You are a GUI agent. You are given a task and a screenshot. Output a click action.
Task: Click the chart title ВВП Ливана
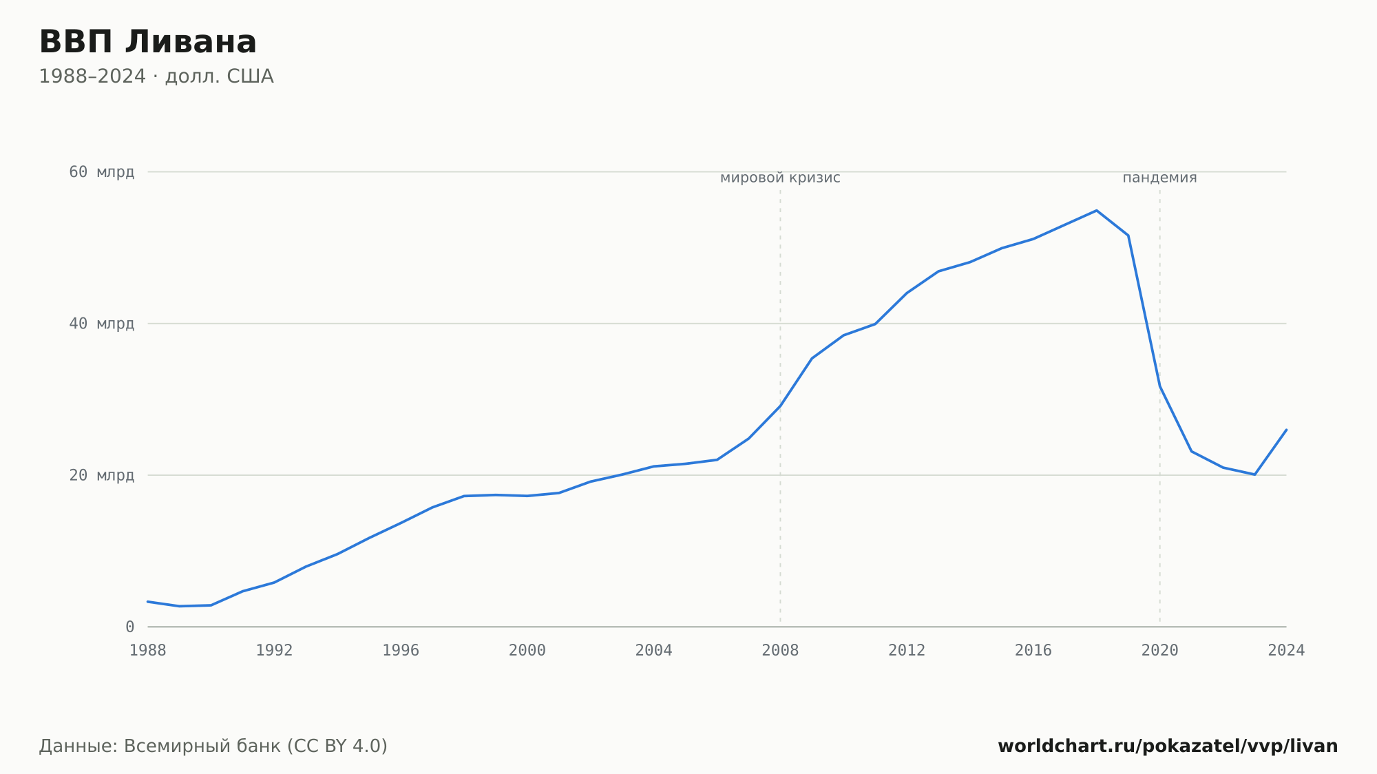tap(147, 42)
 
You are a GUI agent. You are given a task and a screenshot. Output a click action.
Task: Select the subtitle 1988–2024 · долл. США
tap(156, 76)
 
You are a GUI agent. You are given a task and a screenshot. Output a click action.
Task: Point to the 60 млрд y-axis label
tap(102, 171)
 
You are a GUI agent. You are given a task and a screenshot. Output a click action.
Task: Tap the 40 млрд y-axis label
tap(102, 323)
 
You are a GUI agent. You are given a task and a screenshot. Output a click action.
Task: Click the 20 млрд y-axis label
tap(102, 475)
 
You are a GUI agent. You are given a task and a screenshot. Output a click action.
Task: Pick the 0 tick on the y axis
tap(130, 627)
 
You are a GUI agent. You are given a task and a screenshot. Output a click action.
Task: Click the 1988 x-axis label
tap(148, 651)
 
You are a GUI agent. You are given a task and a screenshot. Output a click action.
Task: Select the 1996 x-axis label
tap(401, 651)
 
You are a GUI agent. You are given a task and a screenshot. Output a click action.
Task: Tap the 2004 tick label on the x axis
tap(654, 651)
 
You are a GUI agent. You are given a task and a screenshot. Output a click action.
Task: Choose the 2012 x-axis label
tap(907, 651)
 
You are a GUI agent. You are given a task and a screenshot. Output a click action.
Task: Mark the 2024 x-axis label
tap(1286, 651)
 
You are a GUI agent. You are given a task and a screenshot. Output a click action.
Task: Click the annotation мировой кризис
tap(780, 178)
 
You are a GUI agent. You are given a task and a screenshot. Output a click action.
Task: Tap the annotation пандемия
tap(1160, 178)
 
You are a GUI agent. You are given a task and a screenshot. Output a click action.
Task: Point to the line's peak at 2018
tap(1097, 211)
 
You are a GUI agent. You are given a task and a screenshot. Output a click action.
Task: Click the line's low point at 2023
tap(1255, 474)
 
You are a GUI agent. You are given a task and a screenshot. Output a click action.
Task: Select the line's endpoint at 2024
tap(1286, 430)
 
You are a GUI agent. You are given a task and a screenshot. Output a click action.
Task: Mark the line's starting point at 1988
tap(148, 602)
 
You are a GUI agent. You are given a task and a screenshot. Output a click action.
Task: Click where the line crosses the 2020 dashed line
tap(1160, 386)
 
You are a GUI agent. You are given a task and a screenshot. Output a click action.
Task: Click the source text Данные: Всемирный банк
tap(160, 746)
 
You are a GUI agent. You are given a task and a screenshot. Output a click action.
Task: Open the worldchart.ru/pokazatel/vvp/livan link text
tap(1168, 746)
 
